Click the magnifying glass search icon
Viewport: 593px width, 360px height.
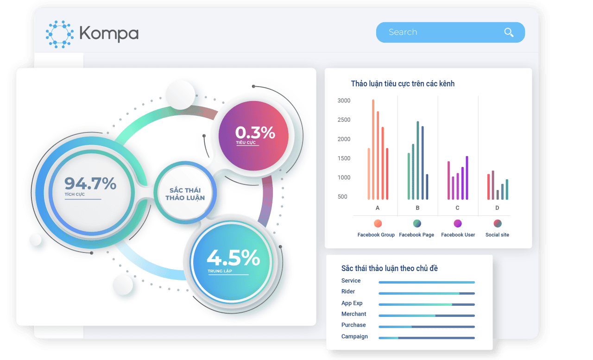(509, 32)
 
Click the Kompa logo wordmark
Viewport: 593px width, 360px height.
(109, 33)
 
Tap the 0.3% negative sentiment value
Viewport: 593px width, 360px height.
(255, 133)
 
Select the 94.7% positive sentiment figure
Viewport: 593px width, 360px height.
(90, 183)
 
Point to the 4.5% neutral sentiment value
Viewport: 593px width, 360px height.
(233, 258)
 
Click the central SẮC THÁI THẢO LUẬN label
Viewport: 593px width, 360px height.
(185, 194)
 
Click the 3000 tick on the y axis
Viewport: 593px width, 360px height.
(344, 101)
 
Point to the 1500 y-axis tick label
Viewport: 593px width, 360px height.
(344, 158)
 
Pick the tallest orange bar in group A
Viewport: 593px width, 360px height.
(373, 149)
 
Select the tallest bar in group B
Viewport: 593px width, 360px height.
(418, 160)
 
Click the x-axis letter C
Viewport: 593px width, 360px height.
(457, 208)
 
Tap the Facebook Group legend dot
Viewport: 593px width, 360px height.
(378, 223)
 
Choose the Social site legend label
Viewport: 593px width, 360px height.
(497, 235)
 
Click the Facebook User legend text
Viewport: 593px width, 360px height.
(458, 235)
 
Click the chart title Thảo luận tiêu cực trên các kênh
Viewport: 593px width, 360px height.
(403, 84)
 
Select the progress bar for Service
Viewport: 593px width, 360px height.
(427, 283)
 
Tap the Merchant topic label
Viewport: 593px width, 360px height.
(353, 314)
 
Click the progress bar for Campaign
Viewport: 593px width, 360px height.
(427, 338)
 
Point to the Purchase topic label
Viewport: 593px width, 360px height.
(353, 325)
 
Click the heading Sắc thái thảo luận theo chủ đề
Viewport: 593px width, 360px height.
(390, 268)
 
